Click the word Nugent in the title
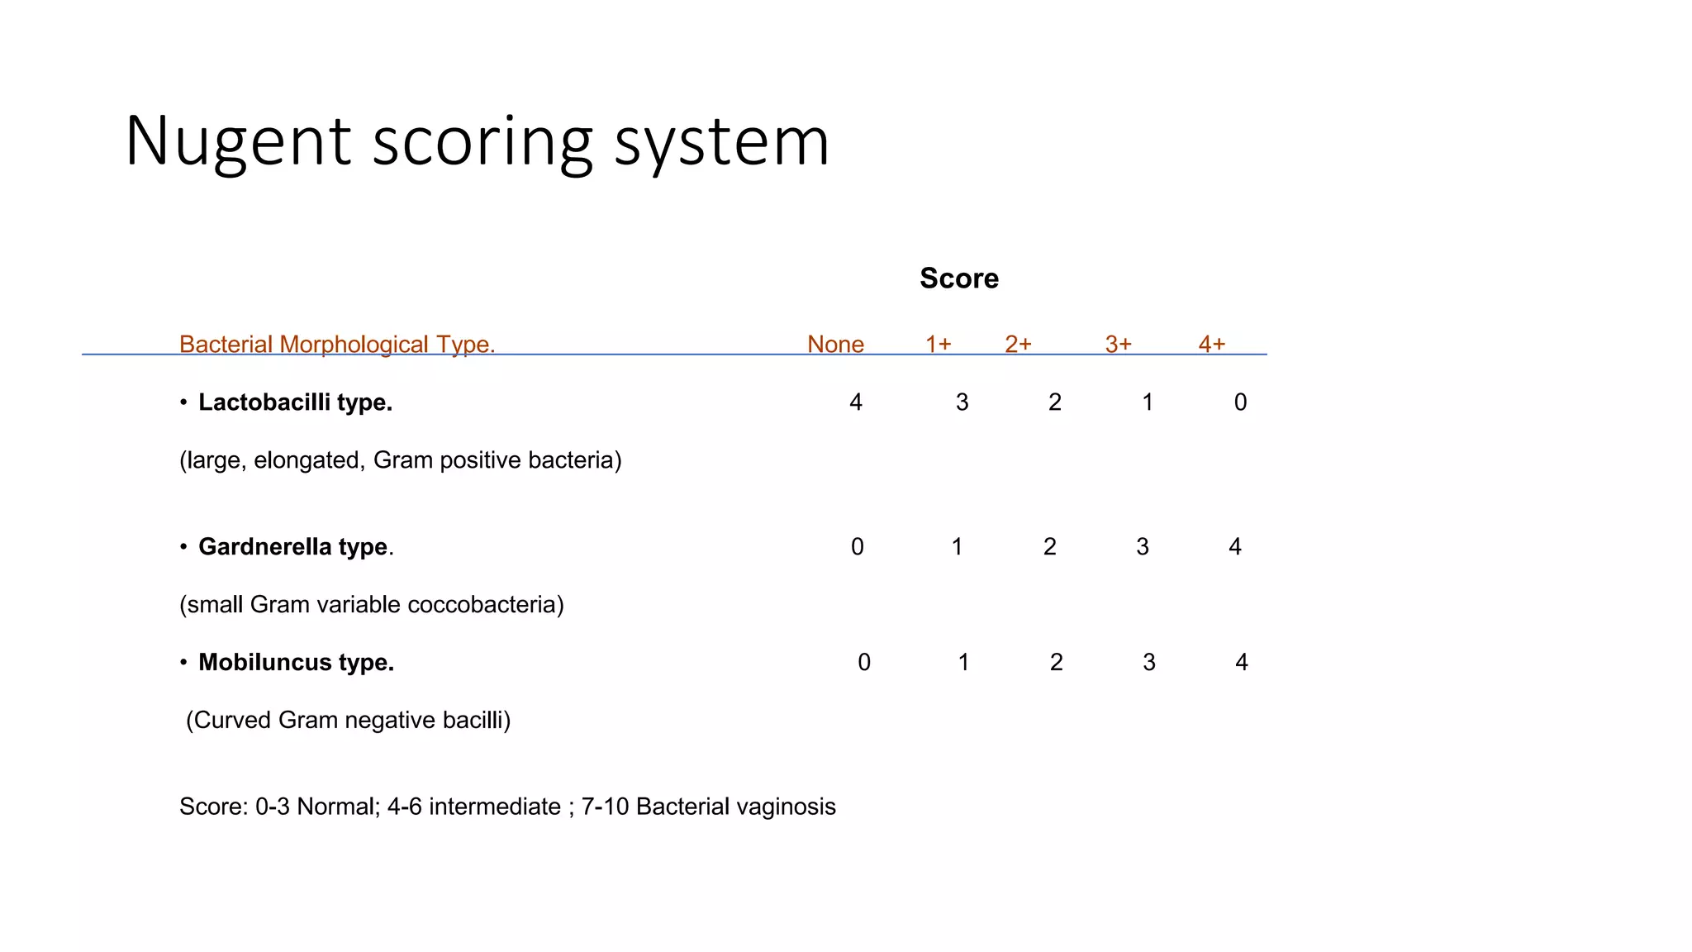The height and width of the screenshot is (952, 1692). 239,142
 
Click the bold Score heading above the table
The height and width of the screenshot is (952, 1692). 958,278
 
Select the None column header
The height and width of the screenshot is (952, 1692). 835,344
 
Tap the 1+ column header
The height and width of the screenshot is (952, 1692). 938,344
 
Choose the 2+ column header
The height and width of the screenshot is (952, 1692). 1018,344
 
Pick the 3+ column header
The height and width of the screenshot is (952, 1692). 1118,344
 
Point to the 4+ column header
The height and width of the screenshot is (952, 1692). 1211,344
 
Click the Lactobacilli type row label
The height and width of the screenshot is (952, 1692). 295,402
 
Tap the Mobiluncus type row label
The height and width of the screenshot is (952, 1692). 296,663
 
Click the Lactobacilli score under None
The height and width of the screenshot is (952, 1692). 856,402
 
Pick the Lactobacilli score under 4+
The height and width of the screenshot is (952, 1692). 1240,402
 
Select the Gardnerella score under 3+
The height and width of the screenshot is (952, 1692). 1143,547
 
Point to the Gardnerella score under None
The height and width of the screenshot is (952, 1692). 858,547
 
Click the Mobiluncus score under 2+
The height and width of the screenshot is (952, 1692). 1056,663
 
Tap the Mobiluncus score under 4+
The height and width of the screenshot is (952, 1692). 1241,663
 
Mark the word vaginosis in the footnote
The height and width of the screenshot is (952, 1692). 783,807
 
